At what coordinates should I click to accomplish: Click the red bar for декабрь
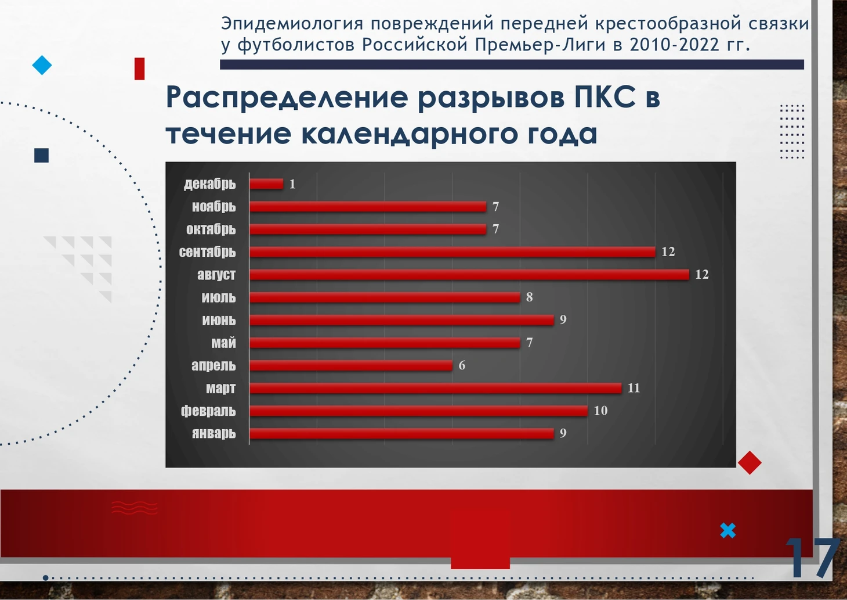[x=266, y=184]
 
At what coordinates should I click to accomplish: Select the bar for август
[x=469, y=275]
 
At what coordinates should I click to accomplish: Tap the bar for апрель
[x=351, y=365]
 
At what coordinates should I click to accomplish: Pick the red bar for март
[x=436, y=388]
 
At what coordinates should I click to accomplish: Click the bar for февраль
[x=419, y=411]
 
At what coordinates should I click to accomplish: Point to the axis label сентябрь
[x=207, y=252]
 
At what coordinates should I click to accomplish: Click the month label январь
[x=214, y=433]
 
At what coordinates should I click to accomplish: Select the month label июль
[x=219, y=297]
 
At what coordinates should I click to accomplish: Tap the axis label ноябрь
[x=214, y=207]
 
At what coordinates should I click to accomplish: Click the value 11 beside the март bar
[x=634, y=388]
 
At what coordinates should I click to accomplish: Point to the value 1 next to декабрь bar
[x=292, y=184]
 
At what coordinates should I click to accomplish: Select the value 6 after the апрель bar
[x=462, y=365]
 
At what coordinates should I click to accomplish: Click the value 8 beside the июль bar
[x=529, y=297]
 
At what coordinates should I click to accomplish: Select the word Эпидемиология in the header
[x=292, y=23]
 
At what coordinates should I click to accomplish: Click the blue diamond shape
[x=42, y=65]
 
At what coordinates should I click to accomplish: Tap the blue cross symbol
[x=728, y=530]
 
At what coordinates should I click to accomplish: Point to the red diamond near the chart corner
[x=750, y=462]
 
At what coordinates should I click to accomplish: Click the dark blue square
[x=42, y=155]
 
